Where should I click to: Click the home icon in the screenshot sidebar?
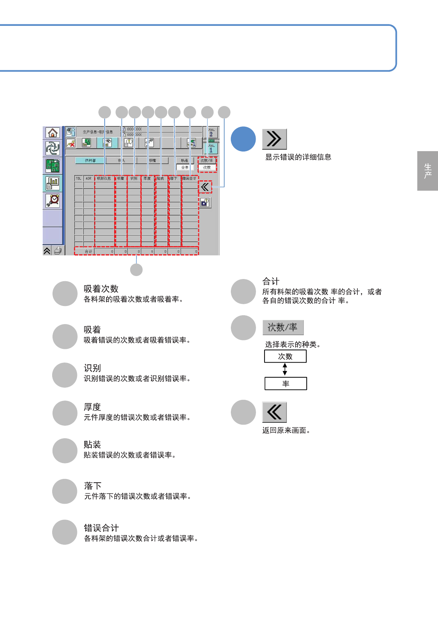[x=53, y=133]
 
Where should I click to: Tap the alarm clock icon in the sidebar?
[x=53, y=200]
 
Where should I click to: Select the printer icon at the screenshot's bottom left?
[x=58, y=251]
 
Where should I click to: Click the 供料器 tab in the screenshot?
[x=90, y=160]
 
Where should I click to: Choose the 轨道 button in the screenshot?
[x=185, y=160]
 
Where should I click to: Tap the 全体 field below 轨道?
[x=185, y=167]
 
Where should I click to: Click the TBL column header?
[x=78, y=178]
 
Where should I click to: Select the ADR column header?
[x=88, y=178]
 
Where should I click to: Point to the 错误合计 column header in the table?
[x=189, y=178]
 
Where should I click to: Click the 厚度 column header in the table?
[x=147, y=178]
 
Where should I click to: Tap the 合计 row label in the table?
[x=88, y=251]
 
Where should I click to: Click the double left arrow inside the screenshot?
[x=205, y=187]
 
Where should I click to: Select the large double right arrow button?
[x=274, y=139]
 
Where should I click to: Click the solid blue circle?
[x=243, y=139]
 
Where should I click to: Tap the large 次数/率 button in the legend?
[x=283, y=327]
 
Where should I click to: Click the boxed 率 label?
[x=286, y=384]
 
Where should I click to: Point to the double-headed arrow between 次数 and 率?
[x=285, y=369]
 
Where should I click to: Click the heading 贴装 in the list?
[x=92, y=444]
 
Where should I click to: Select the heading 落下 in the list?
[x=93, y=485]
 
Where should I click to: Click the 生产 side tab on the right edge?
[x=428, y=171]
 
